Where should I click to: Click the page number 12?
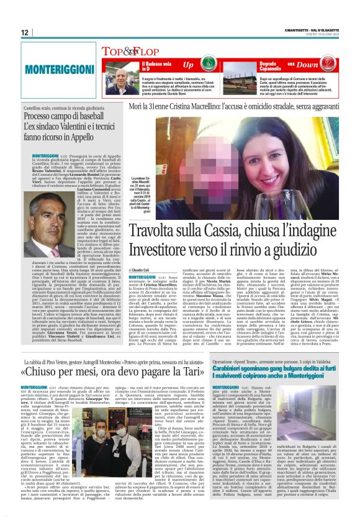25,32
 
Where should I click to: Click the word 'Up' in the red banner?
188,64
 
